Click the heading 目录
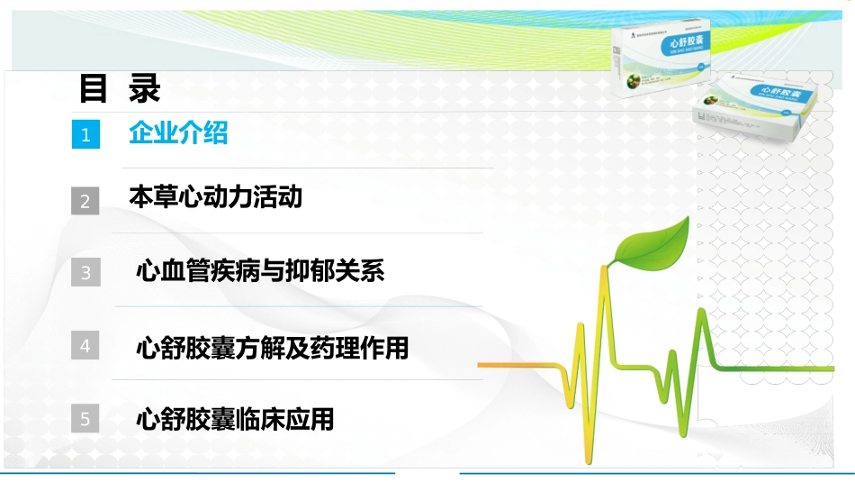click(120, 89)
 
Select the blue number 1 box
click(85, 135)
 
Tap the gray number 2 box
click(85, 201)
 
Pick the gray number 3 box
click(85, 272)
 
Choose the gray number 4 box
click(85, 345)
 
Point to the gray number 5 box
click(85, 419)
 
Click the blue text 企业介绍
click(178, 133)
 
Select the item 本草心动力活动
click(216, 197)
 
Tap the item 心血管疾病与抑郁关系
click(260, 270)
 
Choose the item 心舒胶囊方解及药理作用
click(272, 347)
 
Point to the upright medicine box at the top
click(661, 59)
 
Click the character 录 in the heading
click(144, 89)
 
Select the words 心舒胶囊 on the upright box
click(678, 41)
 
